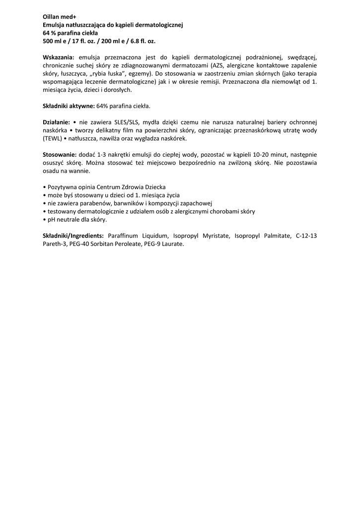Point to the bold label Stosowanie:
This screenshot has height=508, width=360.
coord(60,154)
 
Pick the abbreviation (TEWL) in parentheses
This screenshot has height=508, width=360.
coord(52,138)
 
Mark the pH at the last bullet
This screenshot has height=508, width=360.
coord(51,219)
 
